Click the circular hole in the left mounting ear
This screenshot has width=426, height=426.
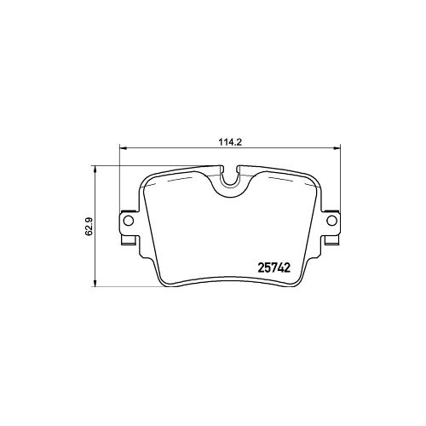[129, 222]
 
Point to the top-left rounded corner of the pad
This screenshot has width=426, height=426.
[147, 180]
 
